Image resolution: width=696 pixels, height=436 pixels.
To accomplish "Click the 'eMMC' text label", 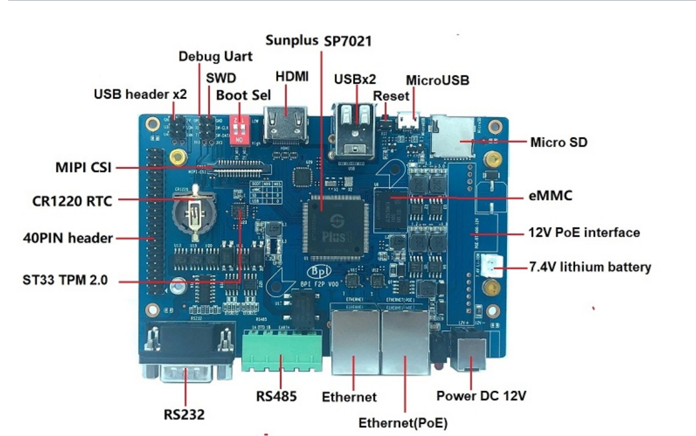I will [550, 196].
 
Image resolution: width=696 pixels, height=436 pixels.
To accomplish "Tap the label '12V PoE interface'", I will [584, 233].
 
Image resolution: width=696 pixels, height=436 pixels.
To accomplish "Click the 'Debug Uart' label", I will [215, 57].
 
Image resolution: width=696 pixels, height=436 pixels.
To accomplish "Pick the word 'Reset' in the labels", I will [391, 95].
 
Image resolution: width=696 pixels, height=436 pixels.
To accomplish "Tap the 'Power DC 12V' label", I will [482, 396].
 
